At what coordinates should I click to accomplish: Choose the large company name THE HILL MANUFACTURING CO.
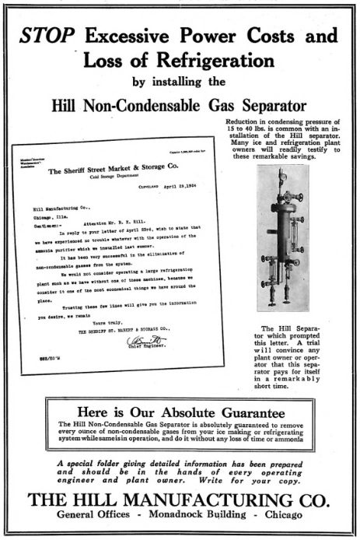tap(178, 498)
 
